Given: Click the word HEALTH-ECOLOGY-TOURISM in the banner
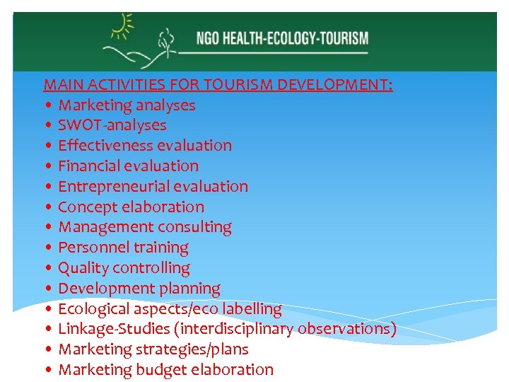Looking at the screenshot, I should (296, 37).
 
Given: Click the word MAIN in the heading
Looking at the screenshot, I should (60, 85).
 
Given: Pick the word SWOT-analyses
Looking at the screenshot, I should (112, 125).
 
